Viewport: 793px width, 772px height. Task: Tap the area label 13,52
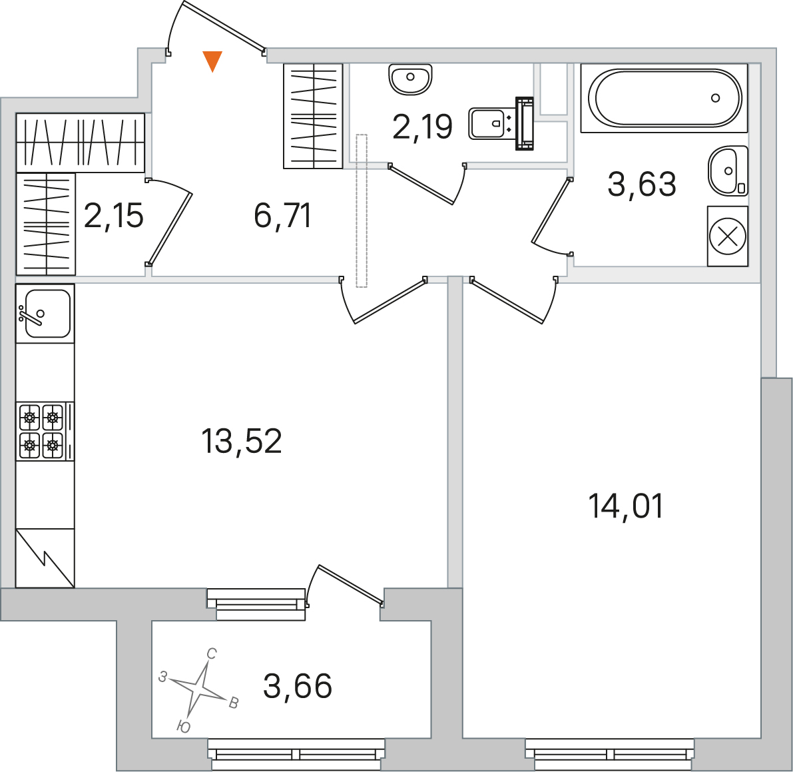(241, 441)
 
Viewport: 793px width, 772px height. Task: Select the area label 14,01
(626, 506)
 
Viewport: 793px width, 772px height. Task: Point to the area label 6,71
(283, 216)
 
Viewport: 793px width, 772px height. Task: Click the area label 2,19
(422, 127)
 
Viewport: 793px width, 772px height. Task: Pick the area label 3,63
(642, 184)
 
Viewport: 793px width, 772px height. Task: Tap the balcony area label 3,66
(298, 686)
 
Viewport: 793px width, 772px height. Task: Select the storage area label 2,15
(114, 216)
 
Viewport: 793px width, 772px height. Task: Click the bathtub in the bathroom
(664, 98)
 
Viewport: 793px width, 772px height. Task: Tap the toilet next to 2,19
(501, 123)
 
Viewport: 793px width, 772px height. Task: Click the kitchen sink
(45, 314)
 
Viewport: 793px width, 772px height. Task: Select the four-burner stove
(45, 432)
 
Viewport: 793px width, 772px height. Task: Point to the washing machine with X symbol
(727, 236)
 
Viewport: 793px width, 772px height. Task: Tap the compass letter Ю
(184, 727)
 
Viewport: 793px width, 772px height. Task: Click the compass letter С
(211, 653)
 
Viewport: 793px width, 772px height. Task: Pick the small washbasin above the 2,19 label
(410, 79)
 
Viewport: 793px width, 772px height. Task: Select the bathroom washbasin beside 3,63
(728, 171)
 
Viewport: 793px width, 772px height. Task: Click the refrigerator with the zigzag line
(45, 558)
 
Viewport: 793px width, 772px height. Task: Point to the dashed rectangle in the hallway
(361, 210)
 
